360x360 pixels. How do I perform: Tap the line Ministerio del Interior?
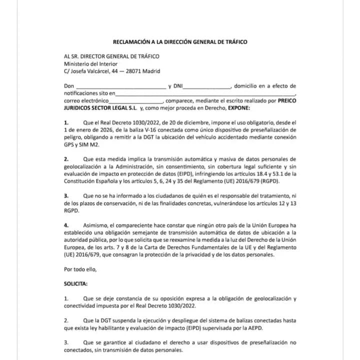click(x=90, y=63)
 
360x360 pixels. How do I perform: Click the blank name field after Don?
click(x=120, y=86)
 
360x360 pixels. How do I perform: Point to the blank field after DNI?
click(x=208, y=86)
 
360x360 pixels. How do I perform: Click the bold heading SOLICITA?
click(x=75, y=283)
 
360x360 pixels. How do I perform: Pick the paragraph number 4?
click(x=66, y=225)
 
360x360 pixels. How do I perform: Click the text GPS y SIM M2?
click(x=79, y=144)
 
